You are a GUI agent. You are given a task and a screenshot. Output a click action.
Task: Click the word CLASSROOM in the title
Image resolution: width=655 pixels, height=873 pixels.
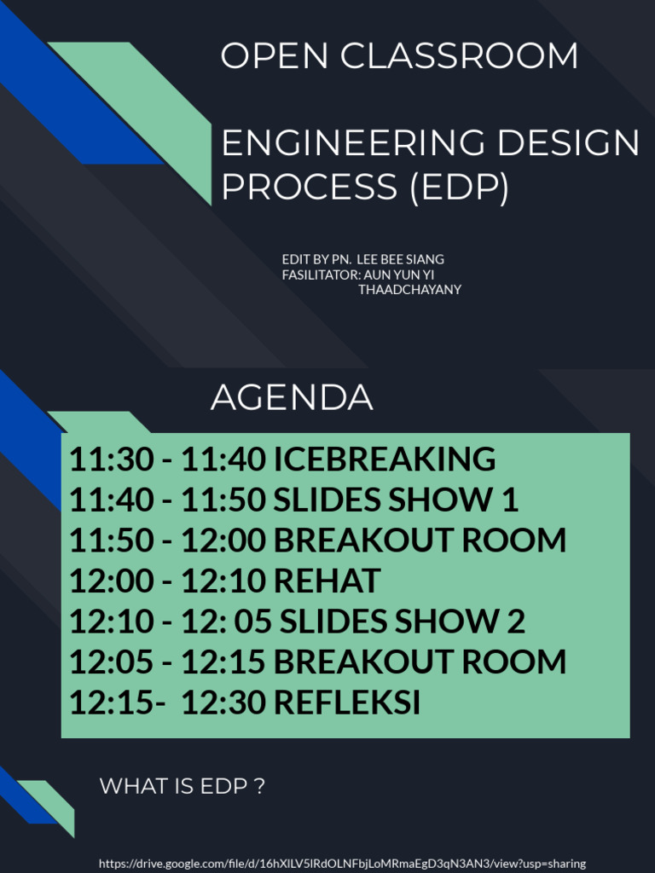[460, 56]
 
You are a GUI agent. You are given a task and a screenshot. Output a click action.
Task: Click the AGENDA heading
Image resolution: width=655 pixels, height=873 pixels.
[292, 397]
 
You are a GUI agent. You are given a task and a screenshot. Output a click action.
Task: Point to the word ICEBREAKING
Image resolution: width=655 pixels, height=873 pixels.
[384, 460]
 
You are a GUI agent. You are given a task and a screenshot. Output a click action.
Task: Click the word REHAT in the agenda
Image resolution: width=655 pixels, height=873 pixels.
[327, 581]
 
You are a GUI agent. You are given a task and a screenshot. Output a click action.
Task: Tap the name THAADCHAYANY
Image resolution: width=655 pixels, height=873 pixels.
[409, 290]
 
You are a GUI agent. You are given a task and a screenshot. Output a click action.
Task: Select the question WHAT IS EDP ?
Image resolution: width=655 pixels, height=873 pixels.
[183, 786]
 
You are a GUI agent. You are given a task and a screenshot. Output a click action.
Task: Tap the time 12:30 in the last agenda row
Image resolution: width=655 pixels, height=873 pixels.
[223, 703]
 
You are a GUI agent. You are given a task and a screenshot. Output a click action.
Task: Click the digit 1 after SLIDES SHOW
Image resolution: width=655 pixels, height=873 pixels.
[510, 500]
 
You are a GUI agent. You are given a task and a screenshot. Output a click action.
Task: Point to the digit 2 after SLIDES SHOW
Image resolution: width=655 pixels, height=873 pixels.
[516, 622]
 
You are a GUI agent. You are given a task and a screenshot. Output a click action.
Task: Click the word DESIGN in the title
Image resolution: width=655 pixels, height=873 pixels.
[568, 143]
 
